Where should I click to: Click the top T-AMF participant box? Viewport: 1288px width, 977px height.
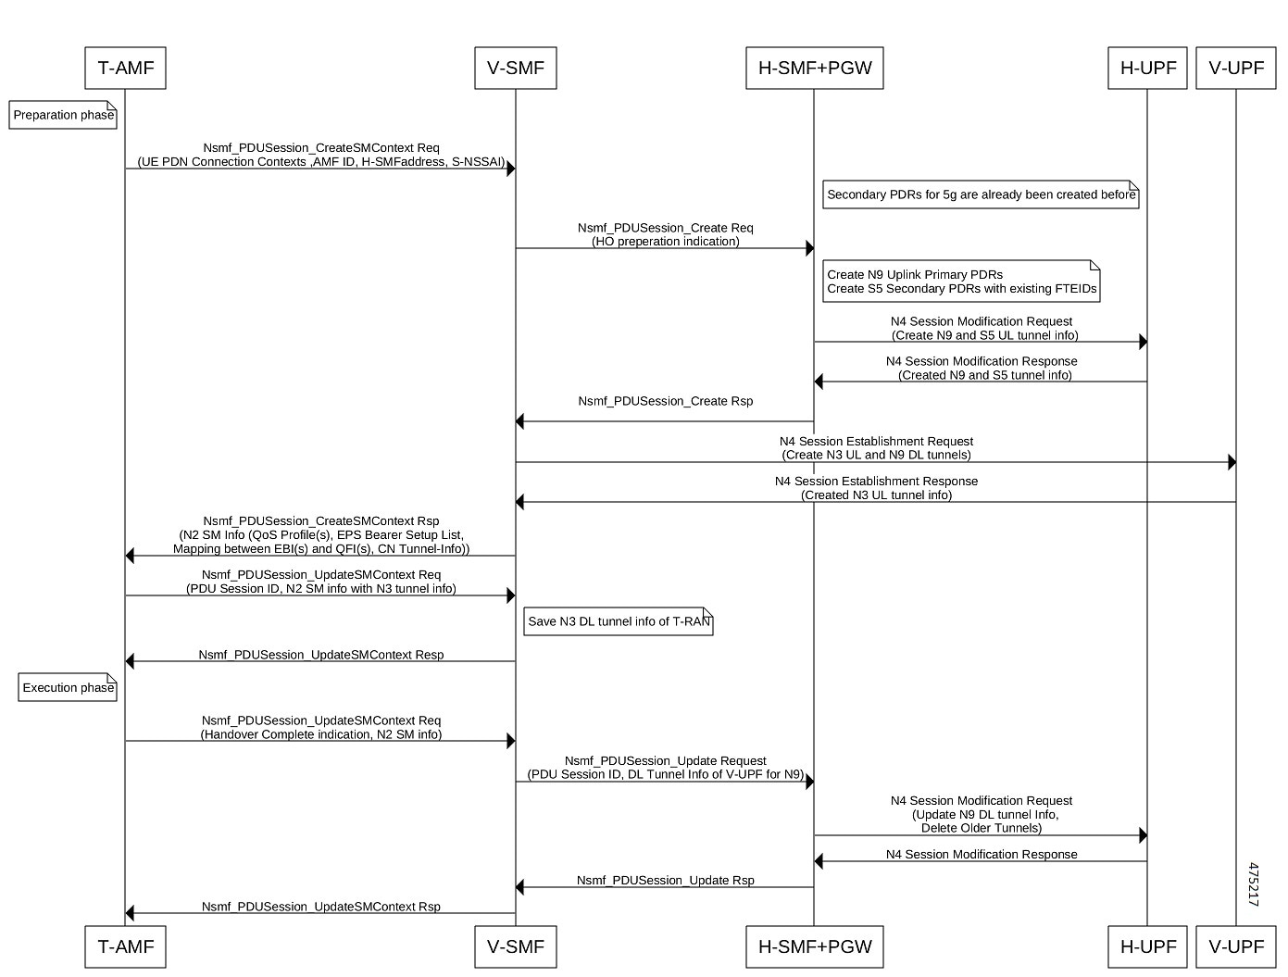(x=125, y=68)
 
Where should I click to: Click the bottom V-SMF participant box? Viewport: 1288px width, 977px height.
(x=516, y=946)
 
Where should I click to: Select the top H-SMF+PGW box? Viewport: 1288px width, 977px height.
(x=815, y=68)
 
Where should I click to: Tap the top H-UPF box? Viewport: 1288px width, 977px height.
(x=1147, y=68)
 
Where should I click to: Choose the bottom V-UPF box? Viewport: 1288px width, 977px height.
(x=1236, y=946)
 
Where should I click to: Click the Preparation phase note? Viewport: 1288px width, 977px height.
(x=63, y=115)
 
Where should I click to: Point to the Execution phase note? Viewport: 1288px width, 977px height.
(x=69, y=687)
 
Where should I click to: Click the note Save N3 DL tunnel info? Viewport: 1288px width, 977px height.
(x=619, y=621)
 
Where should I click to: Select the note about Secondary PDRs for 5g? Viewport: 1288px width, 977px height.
(x=981, y=194)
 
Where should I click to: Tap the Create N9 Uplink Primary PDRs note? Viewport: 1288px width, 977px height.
(x=961, y=281)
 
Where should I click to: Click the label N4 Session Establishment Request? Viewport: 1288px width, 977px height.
(x=876, y=442)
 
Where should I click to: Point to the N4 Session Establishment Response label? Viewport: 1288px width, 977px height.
(x=876, y=482)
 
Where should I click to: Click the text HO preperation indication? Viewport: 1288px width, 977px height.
(x=665, y=242)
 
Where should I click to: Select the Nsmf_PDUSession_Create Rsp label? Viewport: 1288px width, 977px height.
(x=665, y=401)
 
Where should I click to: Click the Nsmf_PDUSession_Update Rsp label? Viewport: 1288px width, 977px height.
(x=665, y=880)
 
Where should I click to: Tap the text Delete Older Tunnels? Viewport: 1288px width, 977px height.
(x=982, y=828)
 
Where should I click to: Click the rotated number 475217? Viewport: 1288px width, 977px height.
(x=1253, y=884)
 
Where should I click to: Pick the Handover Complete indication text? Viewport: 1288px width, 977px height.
(x=320, y=734)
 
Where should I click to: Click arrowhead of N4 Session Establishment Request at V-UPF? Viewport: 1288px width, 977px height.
(x=1232, y=462)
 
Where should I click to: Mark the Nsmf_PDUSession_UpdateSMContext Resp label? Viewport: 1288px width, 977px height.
(x=320, y=655)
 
